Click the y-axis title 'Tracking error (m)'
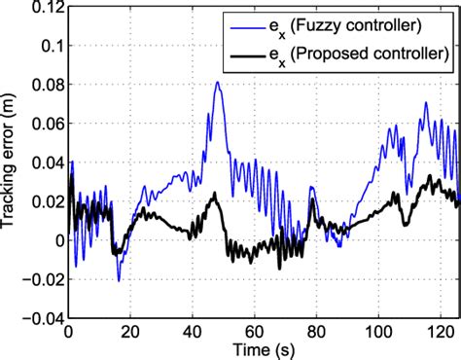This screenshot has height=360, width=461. [10, 161]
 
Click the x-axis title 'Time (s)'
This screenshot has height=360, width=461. [261, 348]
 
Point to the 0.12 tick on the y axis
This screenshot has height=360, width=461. [43, 7]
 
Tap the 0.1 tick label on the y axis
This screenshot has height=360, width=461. [47, 46]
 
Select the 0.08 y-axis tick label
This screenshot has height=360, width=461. [43, 85]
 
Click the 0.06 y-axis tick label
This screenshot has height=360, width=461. [43, 124]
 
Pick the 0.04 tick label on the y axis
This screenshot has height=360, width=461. [43, 162]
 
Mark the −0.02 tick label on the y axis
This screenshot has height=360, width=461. [39, 279]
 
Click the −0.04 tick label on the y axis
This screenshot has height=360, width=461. [39, 318]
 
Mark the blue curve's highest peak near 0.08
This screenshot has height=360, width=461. [217, 83]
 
